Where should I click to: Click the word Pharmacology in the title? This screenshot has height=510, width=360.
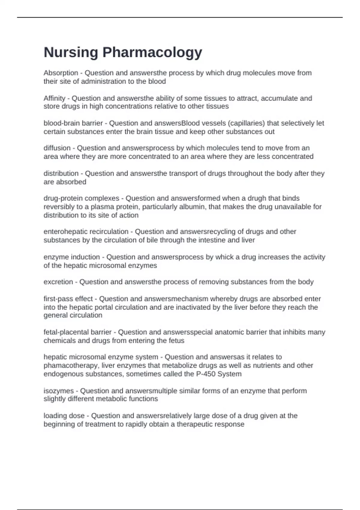click(x=152, y=52)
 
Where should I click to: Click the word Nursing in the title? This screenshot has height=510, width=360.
click(x=71, y=52)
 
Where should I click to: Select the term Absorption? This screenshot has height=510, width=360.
click(x=61, y=73)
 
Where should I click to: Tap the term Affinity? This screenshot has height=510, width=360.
click(x=54, y=98)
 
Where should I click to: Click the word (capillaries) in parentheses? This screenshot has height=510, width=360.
click(x=247, y=123)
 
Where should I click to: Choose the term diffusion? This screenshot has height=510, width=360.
click(x=57, y=148)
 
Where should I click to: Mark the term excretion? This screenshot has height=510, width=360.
click(x=58, y=282)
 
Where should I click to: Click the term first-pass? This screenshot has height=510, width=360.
click(x=59, y=299)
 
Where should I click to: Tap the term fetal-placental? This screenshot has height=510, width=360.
click(x=67, y=332)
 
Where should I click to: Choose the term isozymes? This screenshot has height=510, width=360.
click(x=58, y=391)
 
